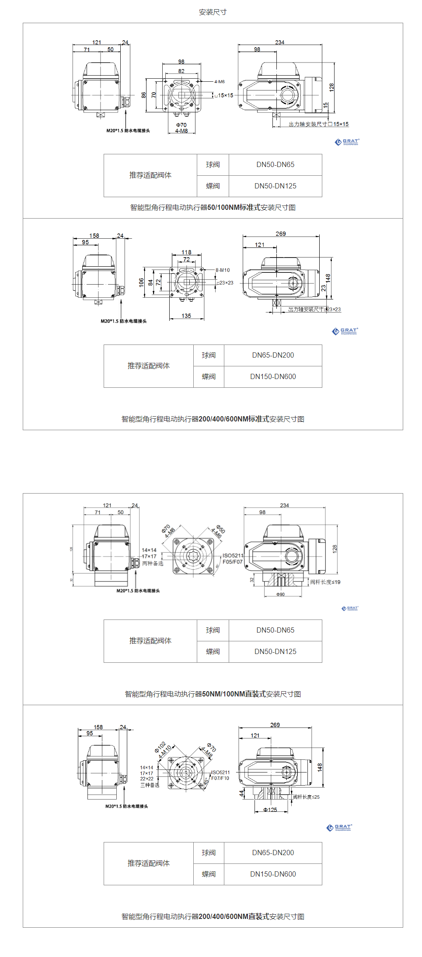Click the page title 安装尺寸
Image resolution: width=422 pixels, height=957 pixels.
click(x=213, y=12)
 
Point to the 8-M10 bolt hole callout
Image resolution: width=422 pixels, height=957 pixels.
click(x=222, y=270)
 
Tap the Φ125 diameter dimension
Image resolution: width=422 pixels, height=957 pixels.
click(x=270, y=810)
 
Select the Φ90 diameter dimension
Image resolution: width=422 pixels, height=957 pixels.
click(x=280, y=595)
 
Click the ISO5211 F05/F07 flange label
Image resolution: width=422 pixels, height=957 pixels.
click(x=233, y=559)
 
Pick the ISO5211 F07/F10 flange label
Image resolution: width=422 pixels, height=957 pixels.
click(x=220, y=775)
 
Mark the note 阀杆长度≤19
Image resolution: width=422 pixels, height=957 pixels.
click(x=325, y=582)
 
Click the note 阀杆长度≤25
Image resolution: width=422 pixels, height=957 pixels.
click(x=306, y=797)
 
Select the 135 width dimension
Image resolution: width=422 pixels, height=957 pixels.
click(x=186, y=316)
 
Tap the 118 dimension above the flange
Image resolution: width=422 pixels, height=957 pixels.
click(x=186, y=252)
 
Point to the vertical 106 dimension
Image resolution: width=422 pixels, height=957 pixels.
click(x=141, y=282)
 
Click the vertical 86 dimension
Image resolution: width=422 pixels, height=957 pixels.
click(x=143, y=95)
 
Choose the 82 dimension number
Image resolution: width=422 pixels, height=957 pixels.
click(x=181, y=71)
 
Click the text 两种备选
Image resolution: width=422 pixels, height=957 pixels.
click(x=153, y=564)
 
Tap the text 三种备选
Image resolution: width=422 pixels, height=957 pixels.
click(x=150, y=785)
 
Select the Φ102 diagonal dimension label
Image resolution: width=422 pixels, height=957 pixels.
click(x=160, y=747)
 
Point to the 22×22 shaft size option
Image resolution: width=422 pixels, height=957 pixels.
click(x=146, y=779)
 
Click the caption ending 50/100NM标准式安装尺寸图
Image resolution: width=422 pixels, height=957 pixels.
click(x=213, y=207)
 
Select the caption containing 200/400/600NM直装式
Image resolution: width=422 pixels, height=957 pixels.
click(x=213, y=916)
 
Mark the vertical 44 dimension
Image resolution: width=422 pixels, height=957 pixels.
click(x=241, y=793)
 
